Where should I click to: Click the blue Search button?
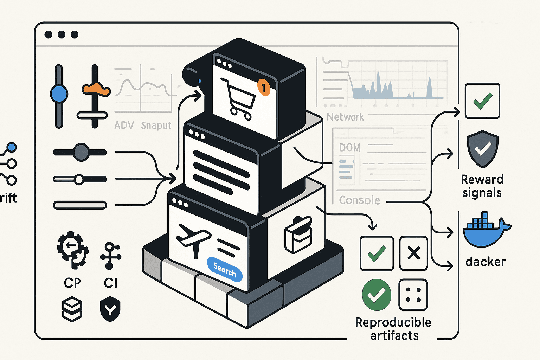tap(225, 269)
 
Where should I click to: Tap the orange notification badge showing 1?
tap(264, 88)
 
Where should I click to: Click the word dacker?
tap(485, 262)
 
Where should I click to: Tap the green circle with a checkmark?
tap(377, 295)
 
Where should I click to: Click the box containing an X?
tap(413, 253)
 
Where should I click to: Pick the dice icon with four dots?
tap(413, 295)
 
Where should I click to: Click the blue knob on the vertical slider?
tap(59, 94)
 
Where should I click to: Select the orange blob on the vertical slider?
tap(96, 89)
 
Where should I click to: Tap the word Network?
tap(345, 117)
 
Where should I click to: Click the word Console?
tap(359, 200)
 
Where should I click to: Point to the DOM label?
tap(350, 148)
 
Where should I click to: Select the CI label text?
tap(111, 283)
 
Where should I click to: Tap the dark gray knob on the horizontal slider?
tap(81, 152)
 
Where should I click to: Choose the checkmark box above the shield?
tap(482, 101)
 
